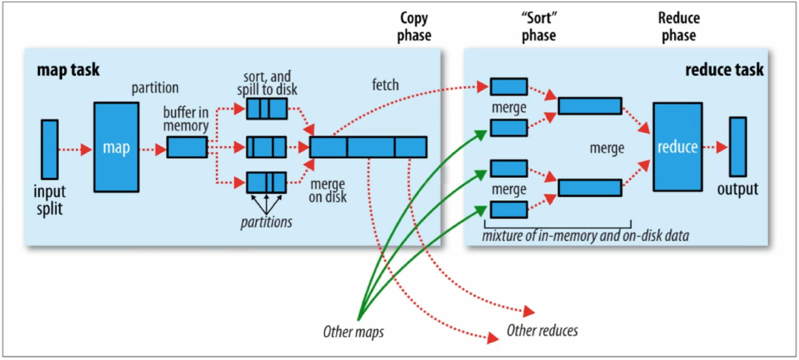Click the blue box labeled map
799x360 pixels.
[x=116, y=147]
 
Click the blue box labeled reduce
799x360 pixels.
[x=678, y=147]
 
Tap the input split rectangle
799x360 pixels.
[x=50, y=149]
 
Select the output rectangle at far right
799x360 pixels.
[x=738, y=147]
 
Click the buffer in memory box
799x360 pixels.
[x=187, y=147]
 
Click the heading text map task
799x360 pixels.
[x=68, y=70]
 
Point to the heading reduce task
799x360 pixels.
[x=724, y=70]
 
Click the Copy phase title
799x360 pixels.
[x=414, y=27]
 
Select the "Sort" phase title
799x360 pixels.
[x=539, y=27]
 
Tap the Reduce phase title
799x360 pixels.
[x=679, y=27]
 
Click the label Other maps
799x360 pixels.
[x=353, y=332]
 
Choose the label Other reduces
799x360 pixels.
[x=542, y=331]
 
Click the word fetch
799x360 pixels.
[x=385, y=85]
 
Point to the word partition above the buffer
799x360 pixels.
[x=155, y=88]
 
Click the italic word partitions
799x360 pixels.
[x=266, y=222]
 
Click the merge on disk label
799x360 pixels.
[x=328, y=191]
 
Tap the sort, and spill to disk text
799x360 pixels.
[x=267, y=83]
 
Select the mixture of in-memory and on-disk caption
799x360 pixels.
[x=585, y=236]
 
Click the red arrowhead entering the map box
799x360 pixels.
[x=86, y=150]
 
